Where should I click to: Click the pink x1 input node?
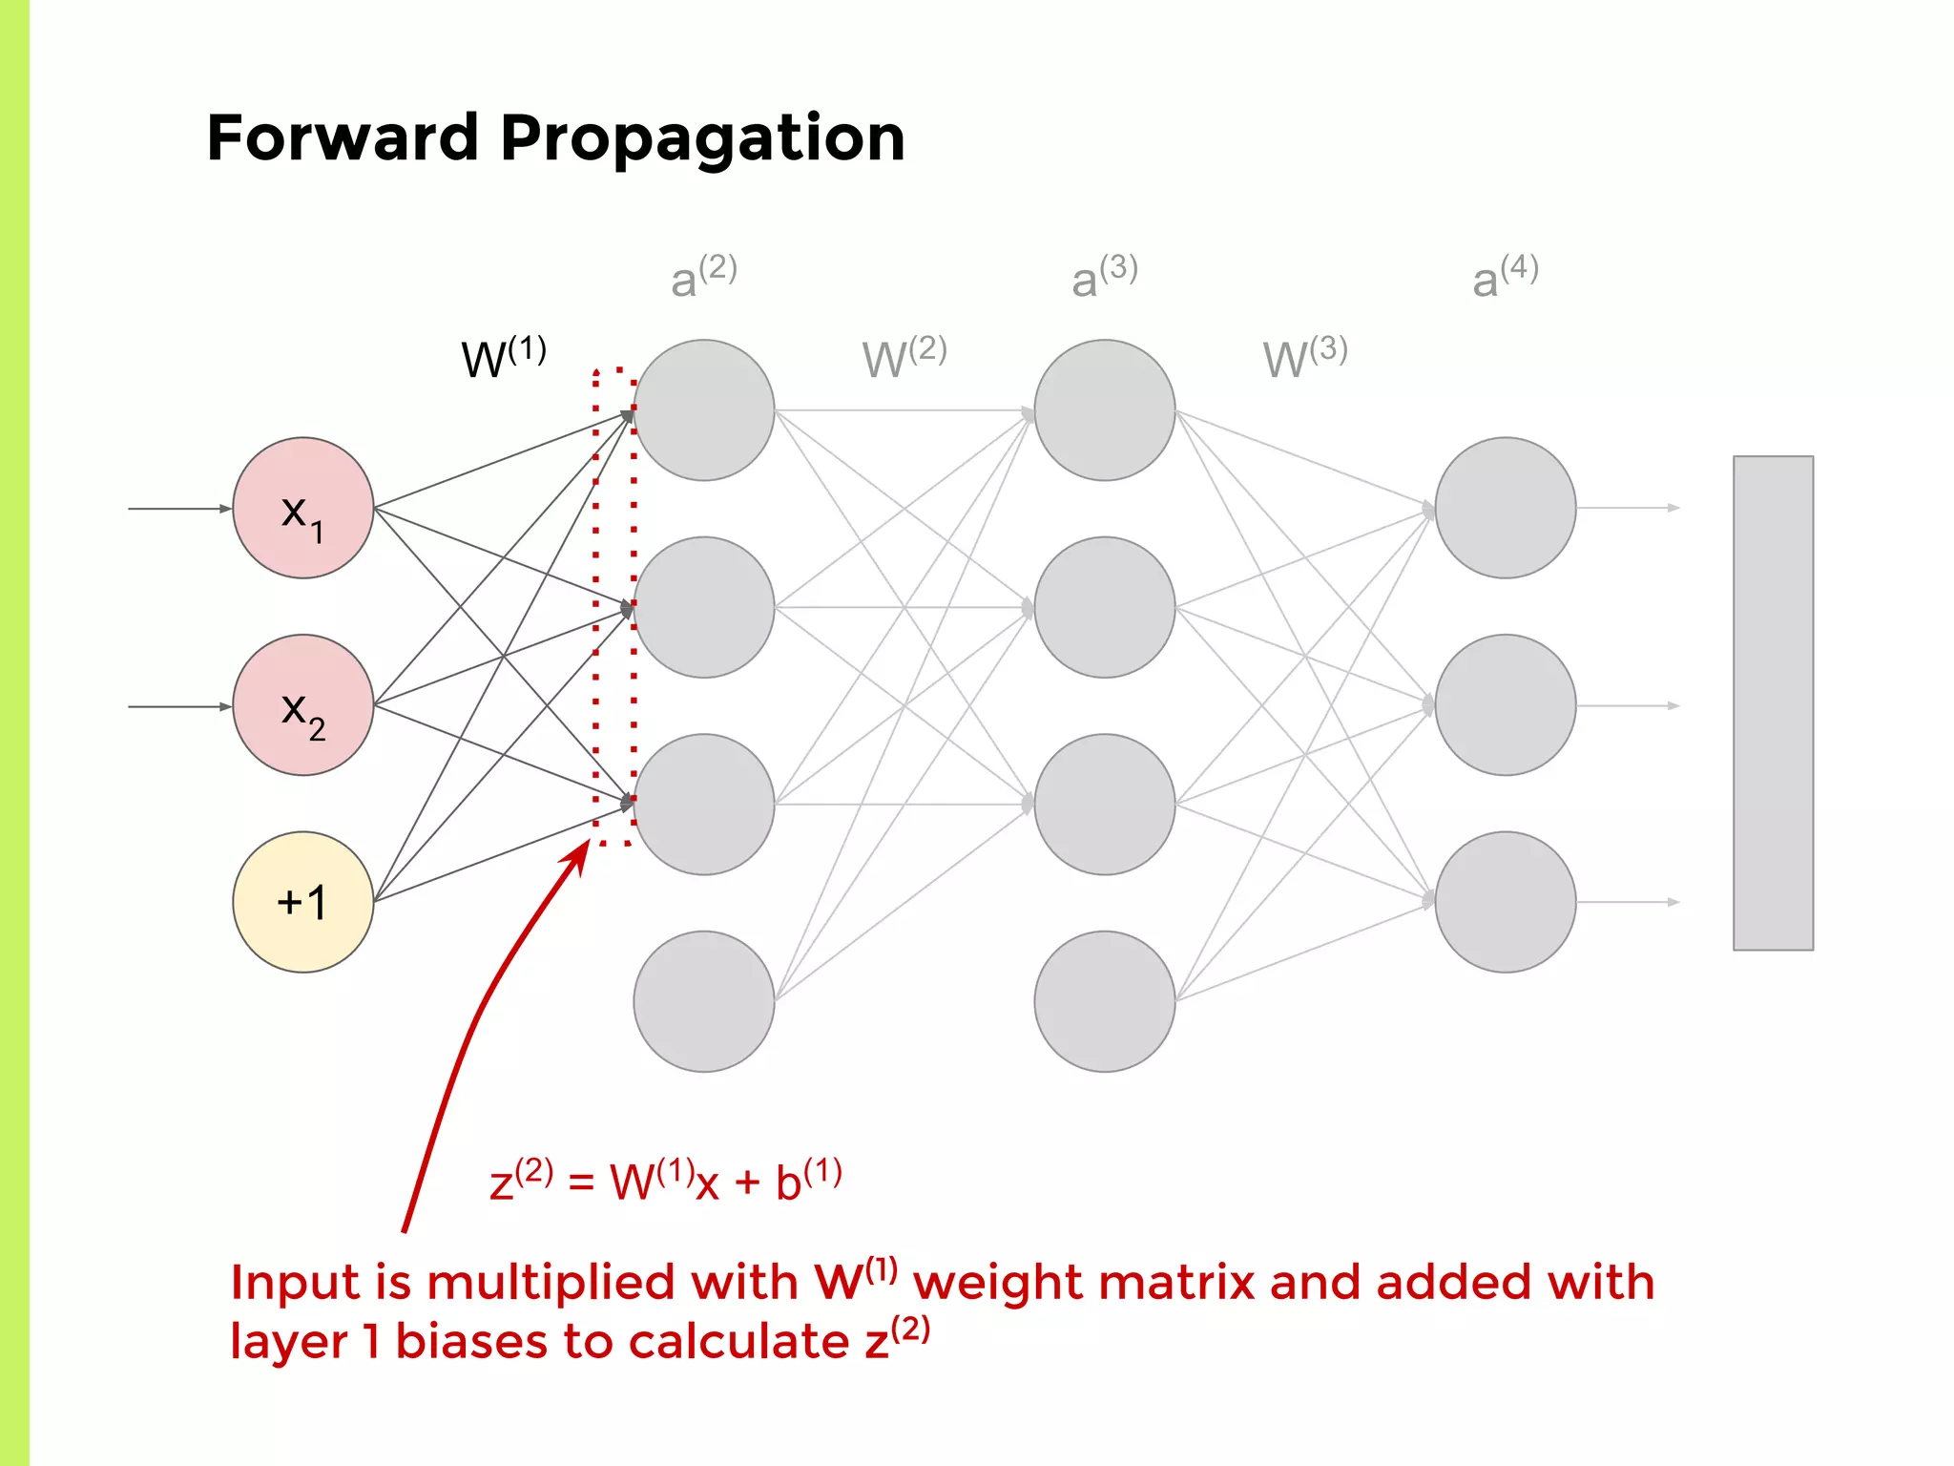click(303, 508)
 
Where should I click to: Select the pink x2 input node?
click(303, 705)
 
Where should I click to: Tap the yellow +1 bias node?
click(303, 902)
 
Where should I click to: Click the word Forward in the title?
click(342, 137)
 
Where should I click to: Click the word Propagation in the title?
click(702, 139)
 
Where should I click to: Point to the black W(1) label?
click(503, 358)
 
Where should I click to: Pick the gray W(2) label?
click(904, 358)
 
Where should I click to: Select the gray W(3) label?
click(1304, 358)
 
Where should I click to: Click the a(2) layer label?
click(703, 277)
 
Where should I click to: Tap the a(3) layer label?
click(1104, 277)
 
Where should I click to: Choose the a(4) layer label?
click(1505, 277)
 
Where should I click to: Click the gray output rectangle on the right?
click(1773, 703)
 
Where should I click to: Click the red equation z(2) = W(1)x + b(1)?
click(665, 1181)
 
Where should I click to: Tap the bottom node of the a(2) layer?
click(704, 1001)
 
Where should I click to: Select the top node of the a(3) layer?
click(1105, 410)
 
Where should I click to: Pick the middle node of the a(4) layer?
click(1506, 705)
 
